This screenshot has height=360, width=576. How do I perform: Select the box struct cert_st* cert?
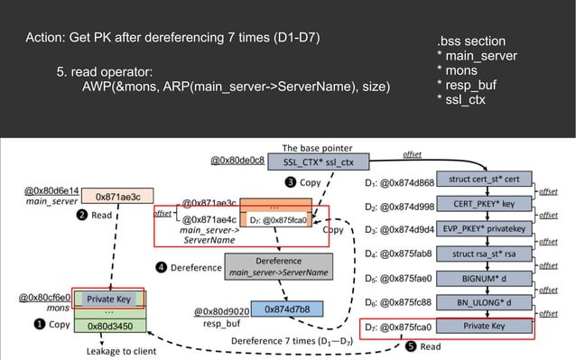pos(484,180)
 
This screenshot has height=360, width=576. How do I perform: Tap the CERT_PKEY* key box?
pos(484,204)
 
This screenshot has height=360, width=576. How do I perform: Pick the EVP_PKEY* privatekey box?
pos(484,228)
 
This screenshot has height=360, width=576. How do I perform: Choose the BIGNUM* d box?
pos(484,278)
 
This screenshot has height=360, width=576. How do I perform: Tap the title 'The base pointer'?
pos(317,147)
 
